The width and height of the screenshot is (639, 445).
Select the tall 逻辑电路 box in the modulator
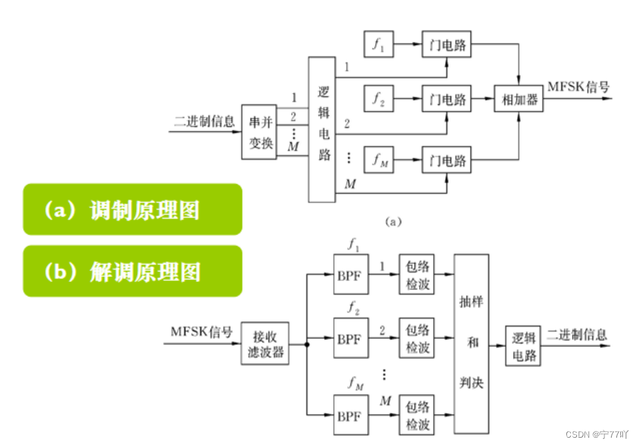(322, 129)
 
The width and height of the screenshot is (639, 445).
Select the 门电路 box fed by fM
(447, 160)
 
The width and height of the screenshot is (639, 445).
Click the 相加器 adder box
(518, 100)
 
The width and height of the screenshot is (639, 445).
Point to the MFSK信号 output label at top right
(578, 86)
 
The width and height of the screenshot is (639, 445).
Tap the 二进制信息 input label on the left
(204, 121)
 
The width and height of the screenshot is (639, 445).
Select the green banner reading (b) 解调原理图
(133, 271)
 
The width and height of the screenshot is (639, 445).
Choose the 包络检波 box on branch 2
(418, 339)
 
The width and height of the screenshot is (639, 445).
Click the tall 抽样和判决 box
(472, 343)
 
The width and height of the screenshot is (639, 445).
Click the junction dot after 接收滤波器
(305, 345)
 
